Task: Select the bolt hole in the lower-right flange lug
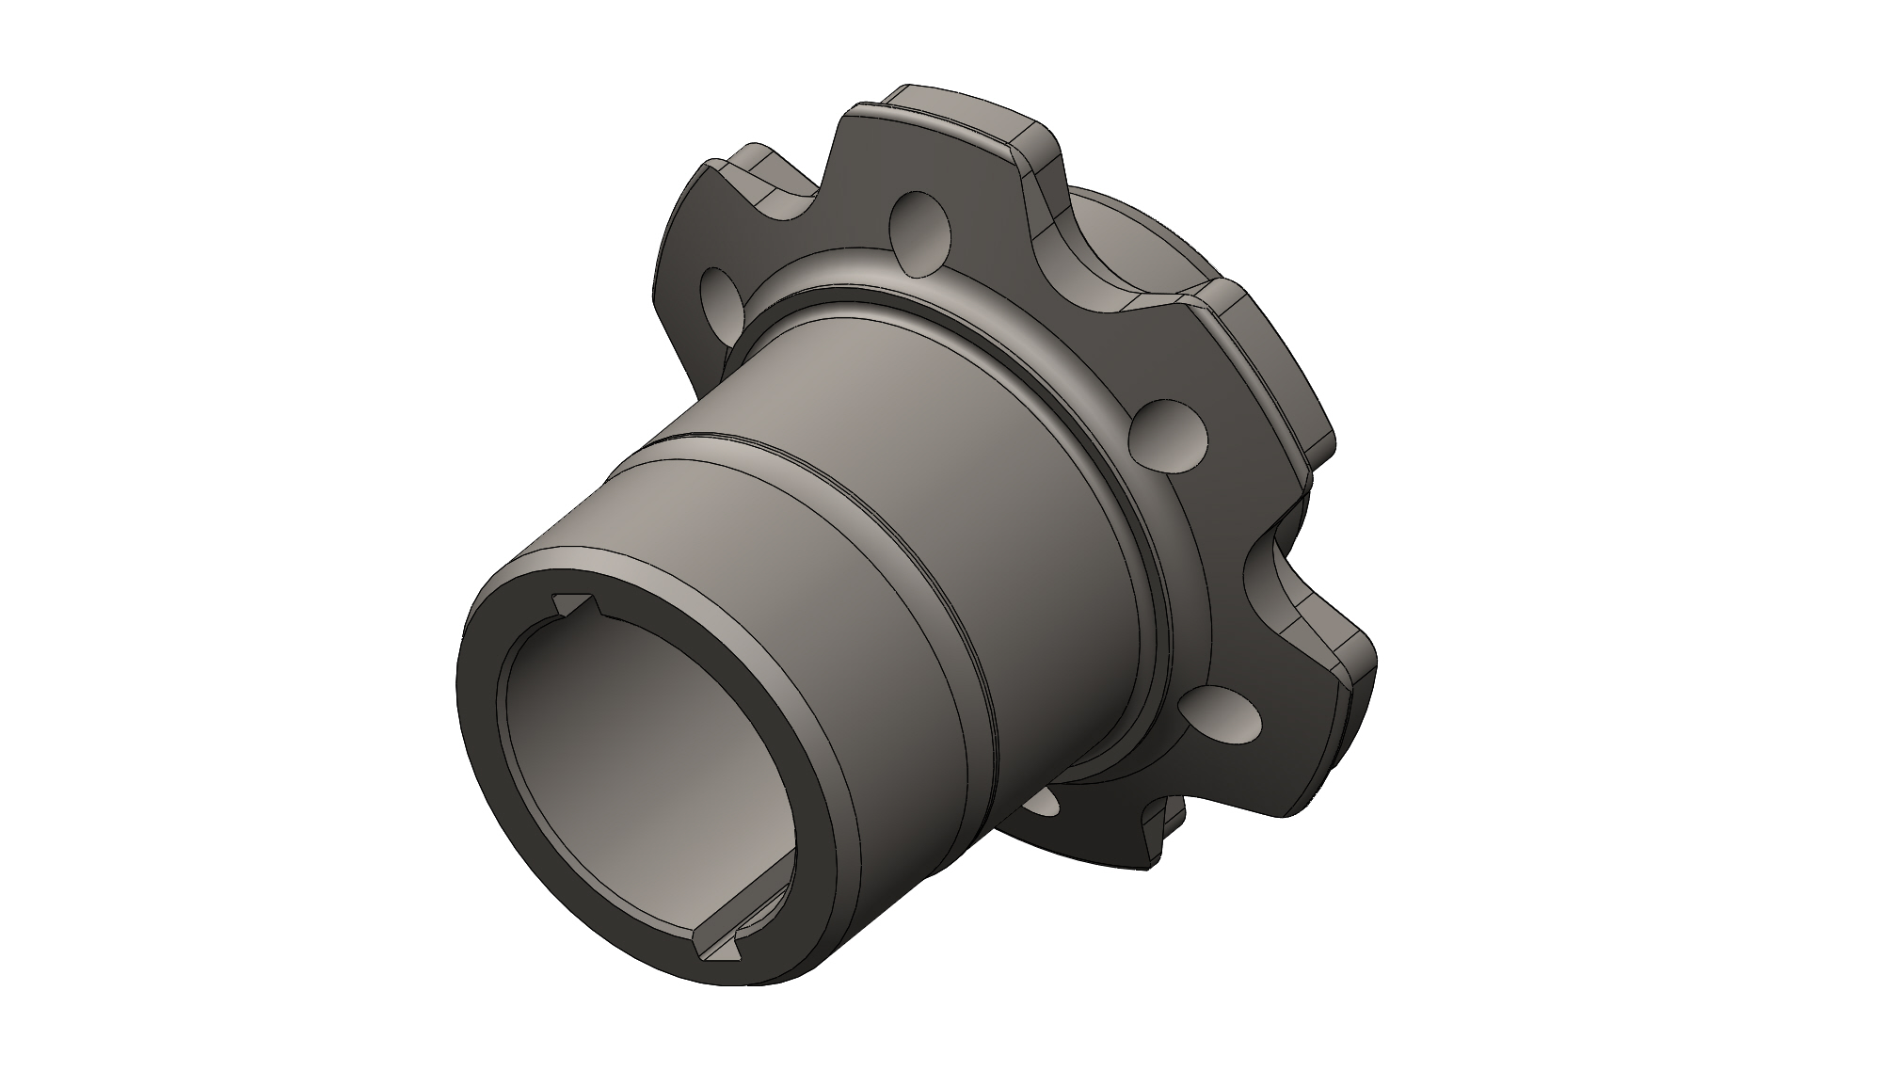pos(1221,715)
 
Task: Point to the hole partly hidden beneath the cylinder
pos(1043,802)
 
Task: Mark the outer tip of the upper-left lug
pos(743,160)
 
